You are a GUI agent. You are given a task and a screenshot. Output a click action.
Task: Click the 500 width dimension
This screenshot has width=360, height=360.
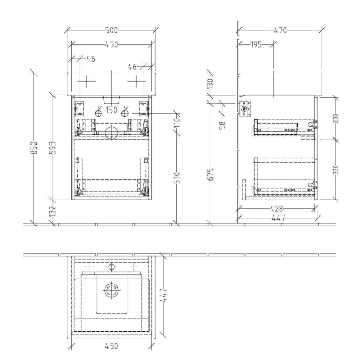point(111,30)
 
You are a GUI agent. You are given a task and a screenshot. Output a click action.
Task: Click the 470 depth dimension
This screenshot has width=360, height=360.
point(280,30)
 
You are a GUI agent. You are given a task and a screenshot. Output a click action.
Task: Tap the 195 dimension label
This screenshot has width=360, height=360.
point(256,45)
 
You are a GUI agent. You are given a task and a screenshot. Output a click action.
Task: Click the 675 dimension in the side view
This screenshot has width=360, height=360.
point(210,175)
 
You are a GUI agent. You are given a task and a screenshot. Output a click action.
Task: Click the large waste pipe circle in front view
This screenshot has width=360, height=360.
point(111,134)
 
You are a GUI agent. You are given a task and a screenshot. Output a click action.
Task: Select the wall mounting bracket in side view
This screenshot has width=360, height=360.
point(245,108)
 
